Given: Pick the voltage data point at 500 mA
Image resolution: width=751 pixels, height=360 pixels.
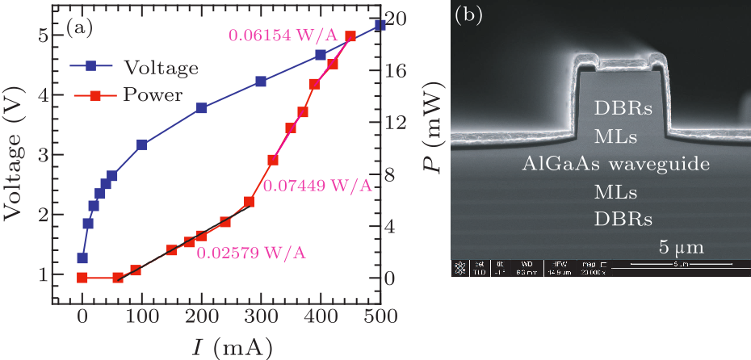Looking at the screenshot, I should pyautogui.click(x=380, y=26).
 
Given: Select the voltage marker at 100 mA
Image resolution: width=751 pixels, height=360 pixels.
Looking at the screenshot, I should pyautogui.click(x=142, y=145).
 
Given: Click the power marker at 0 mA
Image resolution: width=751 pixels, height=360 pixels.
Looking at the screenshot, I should pyautogui.click(x=82, y=278).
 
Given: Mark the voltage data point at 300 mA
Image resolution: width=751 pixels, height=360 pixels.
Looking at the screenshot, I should pyautogui.click(x=261, y=82).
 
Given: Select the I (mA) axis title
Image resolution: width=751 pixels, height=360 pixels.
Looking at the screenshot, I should pyautogui.click(x=231, y=346).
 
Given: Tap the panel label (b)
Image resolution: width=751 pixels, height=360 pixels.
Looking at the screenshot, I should pyautogui.click(x=470, y=16).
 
